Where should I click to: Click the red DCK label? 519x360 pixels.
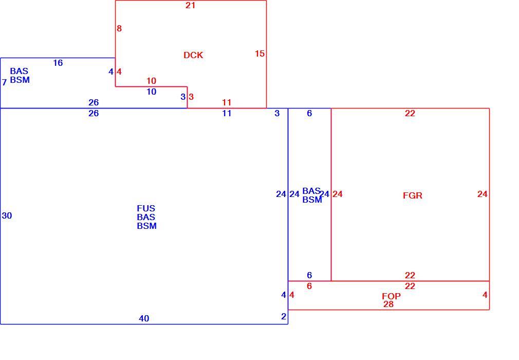[x=193, y=55]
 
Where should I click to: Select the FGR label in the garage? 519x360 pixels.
[x=413, y=195]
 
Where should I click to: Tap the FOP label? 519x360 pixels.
[x=391, y=296]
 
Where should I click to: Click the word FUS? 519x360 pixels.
[x=146, y=208]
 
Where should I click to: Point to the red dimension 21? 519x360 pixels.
[x=190, y=5]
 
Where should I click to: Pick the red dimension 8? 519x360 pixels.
[x=119, y=28]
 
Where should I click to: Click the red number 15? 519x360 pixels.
[x=260, y=53]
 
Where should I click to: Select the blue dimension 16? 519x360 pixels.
[x=58, y=63]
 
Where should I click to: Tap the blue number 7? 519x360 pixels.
[x=4, y=82]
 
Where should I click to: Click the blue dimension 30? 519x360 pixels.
[x=7, y=215]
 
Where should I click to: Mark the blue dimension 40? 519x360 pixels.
[x=144, y=318]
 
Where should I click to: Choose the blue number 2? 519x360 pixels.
[x=284, y=316]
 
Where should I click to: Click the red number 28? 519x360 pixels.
[x=388, y=304]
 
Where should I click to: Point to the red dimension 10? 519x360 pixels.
[x=151, y=81]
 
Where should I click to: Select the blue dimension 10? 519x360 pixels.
[x=151, y=92]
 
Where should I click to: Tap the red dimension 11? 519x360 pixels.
[x=227, y=102]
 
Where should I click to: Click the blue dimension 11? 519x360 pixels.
[x=227, y=113]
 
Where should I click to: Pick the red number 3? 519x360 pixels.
[x=191, y=97]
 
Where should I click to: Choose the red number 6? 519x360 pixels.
[x=309, y=286]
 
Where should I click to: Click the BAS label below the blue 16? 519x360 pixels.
[x=19, y=71]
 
